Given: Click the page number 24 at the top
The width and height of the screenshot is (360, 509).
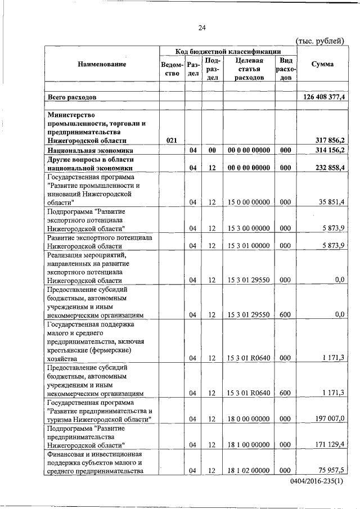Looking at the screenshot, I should coord(202,28).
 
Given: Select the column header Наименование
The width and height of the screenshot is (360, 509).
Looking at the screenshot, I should coord(102,64).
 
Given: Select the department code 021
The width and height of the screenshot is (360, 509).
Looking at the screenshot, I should coord(172,141).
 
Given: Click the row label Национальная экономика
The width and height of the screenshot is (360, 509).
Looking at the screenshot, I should coord(90,150).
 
